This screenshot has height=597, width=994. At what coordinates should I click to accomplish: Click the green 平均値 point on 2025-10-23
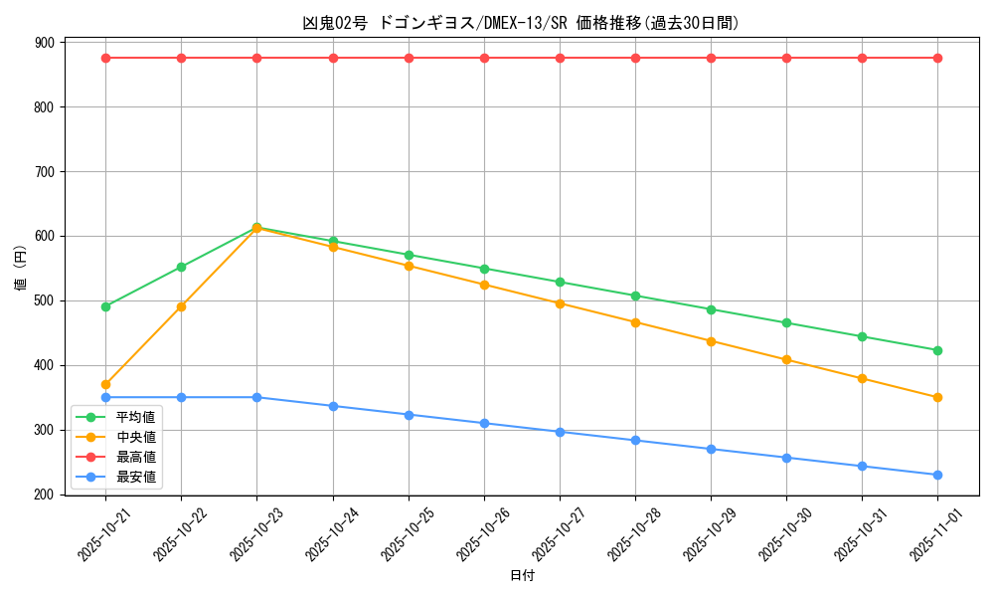tap(256, 227)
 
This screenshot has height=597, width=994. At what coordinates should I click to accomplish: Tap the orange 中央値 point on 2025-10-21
tap(105, 384)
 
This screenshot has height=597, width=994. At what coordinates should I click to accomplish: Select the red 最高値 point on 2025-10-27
tap(560, 58)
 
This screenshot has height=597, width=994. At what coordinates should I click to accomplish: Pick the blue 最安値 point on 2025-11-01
tap(937, 475)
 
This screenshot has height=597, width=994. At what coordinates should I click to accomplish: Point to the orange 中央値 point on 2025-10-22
tap(181, 306)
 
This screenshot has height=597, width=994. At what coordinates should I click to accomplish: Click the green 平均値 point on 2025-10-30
tap(786, 322)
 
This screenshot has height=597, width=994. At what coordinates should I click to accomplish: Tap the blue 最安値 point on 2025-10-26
tap(484, 423)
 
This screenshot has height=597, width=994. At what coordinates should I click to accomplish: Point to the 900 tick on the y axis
tap(45, 43)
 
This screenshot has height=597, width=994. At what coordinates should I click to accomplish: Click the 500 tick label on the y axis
tap(45, 300)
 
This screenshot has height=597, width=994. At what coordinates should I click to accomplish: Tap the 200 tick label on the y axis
tap(45, 495)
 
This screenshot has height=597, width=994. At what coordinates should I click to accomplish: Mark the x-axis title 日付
tap(521, 575)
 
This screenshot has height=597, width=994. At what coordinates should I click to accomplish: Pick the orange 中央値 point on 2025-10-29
tap(711, 341)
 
